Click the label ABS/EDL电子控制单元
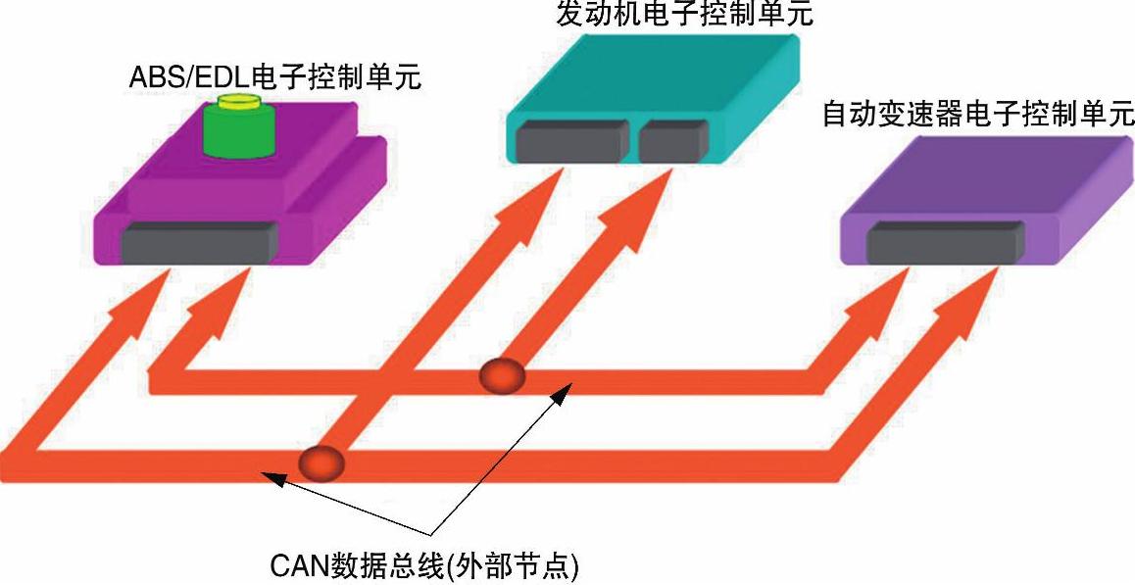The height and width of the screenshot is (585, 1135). (x=275, y=77)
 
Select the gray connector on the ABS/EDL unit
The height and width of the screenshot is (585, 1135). (x=199, y=242)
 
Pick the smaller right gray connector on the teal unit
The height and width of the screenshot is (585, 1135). (x=674, y=140)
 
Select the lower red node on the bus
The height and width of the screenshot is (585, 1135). (x=321, y=461)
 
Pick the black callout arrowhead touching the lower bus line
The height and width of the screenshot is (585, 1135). (x=273, y=478)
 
